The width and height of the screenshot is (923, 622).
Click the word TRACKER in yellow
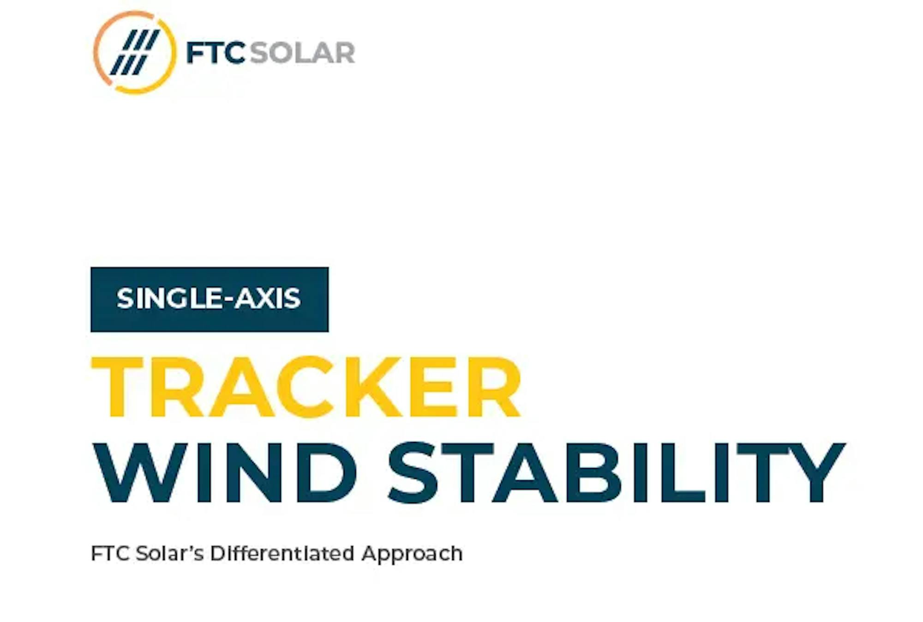point(306,387)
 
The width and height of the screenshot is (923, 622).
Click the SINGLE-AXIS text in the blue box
point(209,298)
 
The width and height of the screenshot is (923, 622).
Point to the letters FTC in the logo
point(215,52)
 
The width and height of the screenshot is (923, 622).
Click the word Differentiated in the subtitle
point(282,553)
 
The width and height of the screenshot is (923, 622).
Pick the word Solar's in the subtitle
point(170,553)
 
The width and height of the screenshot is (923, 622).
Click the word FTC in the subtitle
point(110,553)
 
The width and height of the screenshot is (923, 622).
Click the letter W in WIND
point(140,472)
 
